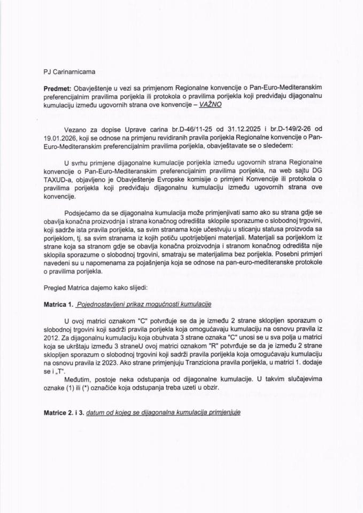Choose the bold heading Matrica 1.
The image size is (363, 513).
[x=58, y=304]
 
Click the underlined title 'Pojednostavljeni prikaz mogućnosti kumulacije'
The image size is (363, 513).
[x=144, y=304]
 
